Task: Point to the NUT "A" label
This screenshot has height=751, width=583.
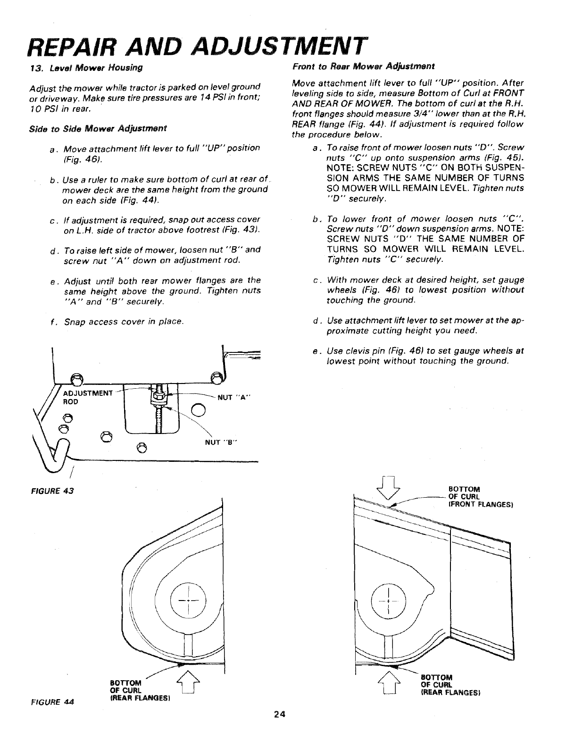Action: pyautogui.click(x=234, y=397)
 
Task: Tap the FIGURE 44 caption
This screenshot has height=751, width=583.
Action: pyautogui.click(x=51, y=701)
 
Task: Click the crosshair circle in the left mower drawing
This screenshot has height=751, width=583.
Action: pyautogui.click(x=188, y=601)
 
